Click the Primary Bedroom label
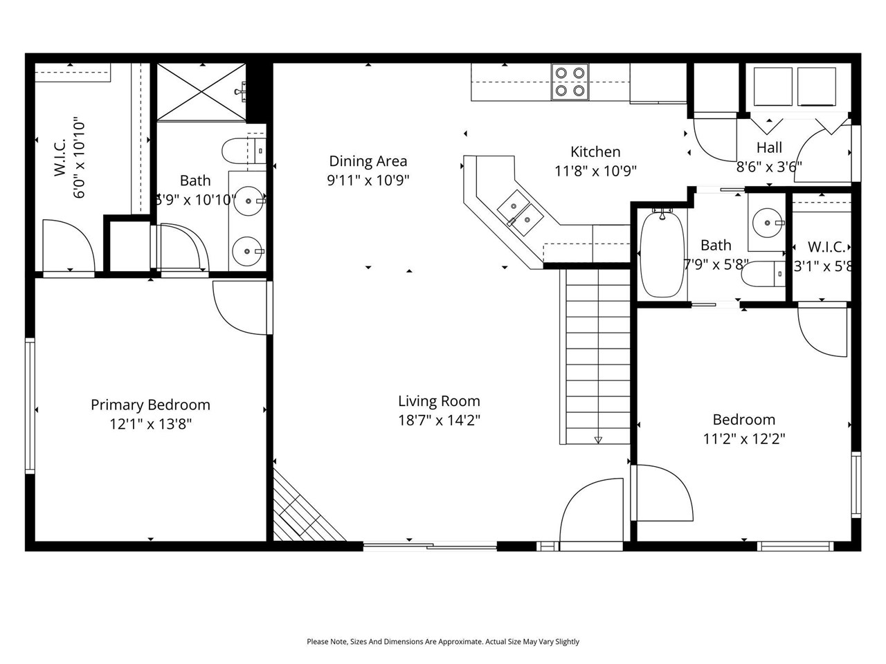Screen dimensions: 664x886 coord(150,405)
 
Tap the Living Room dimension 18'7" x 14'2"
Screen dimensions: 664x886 coord(439,420)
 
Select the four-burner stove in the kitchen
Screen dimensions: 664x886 coord(570,82)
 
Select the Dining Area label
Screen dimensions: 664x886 coord(368,161)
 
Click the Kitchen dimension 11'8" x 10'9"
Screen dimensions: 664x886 coord(595,170)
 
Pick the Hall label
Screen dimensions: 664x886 coord(769,147)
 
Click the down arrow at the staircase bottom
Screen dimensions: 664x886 coord(598,439)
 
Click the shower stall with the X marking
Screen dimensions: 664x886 coord(201,92)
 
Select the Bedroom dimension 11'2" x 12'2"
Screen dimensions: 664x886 coord(744,439)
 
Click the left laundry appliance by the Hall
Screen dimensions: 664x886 coord(772,86)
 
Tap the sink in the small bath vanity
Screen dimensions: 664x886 coord(768,223)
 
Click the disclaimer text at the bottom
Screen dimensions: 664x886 coord(443,642)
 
